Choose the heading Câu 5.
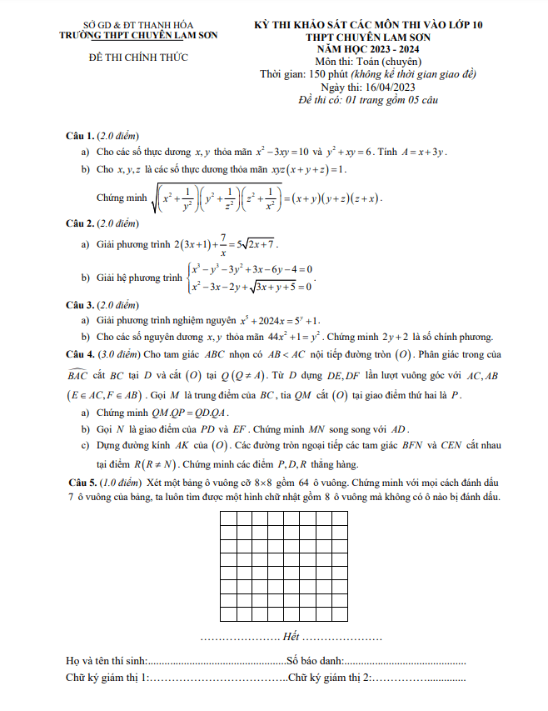click(x=81, y=483)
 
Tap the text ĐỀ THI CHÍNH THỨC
click(x=138, y=58)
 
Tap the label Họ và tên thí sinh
click(x=107, y=661)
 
